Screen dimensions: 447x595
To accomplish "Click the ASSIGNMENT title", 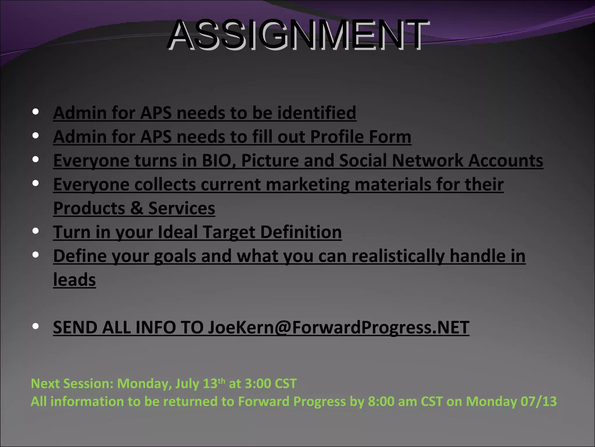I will [298, 35].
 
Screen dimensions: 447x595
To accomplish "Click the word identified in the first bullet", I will [317, 113].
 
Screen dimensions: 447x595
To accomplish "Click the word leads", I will [74, 280].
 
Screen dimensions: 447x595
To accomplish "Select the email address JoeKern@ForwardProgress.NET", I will [338, 328].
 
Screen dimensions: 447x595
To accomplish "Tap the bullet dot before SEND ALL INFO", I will [36, 327].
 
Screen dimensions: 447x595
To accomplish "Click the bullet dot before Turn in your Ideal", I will [36, 231].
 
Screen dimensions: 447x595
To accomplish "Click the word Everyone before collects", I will [91, 185].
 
